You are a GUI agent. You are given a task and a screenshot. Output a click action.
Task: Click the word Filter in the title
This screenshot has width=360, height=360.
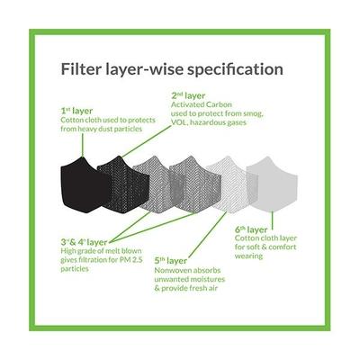[78, 69]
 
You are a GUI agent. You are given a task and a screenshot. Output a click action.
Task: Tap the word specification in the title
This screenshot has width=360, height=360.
[235, 70]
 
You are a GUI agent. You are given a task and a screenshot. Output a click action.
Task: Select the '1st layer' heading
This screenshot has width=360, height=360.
[76, 111]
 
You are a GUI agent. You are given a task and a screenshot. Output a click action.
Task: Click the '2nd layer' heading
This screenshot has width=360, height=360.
[188, 96]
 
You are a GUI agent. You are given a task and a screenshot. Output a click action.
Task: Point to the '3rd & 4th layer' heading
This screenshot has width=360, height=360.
[84, 242]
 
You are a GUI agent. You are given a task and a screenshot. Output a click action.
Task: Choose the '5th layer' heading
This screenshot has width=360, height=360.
[171, 261]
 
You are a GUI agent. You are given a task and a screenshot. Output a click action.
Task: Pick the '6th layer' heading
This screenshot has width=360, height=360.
[251, 229]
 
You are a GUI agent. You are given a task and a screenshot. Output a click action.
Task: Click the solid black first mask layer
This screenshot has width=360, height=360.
[83, 185]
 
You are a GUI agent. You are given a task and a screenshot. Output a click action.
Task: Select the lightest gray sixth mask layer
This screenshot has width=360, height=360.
[273, 185]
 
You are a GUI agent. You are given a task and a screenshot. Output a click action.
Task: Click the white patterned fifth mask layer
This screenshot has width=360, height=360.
[231, 185]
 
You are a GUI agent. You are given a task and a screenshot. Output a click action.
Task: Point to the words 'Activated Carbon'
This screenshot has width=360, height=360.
[202, 104]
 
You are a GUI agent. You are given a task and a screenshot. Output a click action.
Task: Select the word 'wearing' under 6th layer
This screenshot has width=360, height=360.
[248, 256]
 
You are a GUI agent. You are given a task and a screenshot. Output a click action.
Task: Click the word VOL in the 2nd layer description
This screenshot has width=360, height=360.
[179, 122]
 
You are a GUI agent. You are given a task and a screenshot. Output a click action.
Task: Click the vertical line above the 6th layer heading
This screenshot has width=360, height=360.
[273, 219]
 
